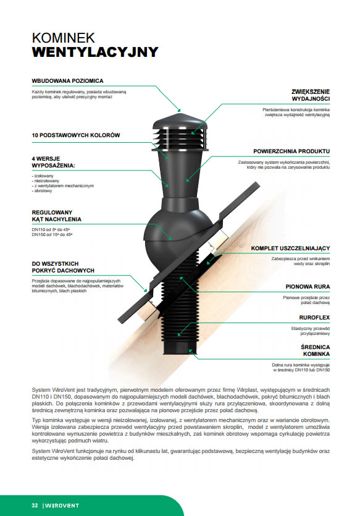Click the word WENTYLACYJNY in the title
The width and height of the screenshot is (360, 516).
(95, 52)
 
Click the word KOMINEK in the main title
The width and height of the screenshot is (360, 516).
(63, 38)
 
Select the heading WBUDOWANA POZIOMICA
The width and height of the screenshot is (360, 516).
(67, 80)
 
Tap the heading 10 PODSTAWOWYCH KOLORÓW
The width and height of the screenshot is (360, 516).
(75, 135)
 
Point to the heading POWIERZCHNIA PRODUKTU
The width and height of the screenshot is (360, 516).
(291, 151)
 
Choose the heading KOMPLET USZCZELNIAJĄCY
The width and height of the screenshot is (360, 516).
(290, 248)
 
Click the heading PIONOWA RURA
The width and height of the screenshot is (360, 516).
(308, 287)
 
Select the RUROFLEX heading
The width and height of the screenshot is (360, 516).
(314, 318)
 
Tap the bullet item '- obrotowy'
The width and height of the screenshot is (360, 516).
(42, 191)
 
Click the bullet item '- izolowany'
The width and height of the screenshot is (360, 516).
(43, 176)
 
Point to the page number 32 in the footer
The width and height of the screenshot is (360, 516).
(35, 505)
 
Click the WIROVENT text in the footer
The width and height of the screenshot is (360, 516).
(62, 505)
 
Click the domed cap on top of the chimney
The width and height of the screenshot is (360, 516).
(180, 121)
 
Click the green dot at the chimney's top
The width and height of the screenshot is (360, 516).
(179, 110)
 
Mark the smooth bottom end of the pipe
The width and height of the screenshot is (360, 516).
(180, 347)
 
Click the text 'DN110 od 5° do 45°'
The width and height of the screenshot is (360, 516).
(51, 230)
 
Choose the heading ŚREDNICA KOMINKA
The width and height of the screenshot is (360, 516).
(315, 350)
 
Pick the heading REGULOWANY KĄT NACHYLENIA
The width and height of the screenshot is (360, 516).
(57, 216)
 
